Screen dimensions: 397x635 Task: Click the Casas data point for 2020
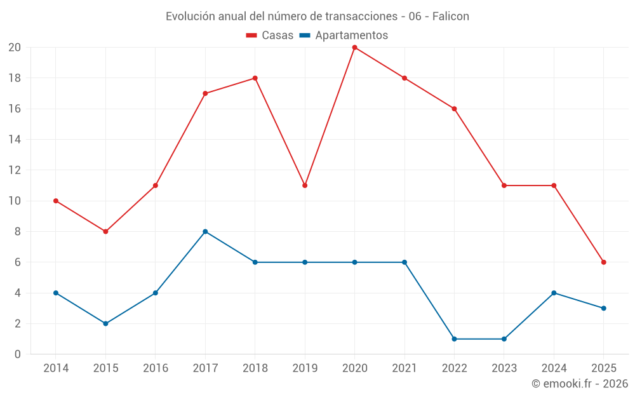point(354,48)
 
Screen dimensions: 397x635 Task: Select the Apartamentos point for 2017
point(205,232)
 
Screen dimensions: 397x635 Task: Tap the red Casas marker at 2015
point(105,232)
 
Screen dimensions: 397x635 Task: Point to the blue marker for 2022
point(454,339)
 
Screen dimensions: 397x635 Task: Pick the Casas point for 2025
point(604,262)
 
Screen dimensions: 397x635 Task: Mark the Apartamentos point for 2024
point(554,293)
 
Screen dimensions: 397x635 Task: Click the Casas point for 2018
point(255,78)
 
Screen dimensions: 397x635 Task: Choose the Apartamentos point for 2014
point(56,293)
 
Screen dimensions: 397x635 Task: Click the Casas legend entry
point(270,36)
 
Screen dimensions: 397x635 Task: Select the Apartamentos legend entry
point(344,36)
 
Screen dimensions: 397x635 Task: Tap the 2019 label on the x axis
point(305,368)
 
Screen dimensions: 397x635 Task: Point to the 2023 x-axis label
point(504,368)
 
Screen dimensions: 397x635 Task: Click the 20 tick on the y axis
point(15,48)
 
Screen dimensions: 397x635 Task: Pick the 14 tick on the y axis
point(15,140)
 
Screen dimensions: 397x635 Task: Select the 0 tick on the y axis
point(18,354)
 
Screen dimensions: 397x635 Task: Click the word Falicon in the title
point(451,17)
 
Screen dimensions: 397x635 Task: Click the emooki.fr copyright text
point(580,384)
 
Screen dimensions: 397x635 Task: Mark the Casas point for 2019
point(305,185)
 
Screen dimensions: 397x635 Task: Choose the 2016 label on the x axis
point(155,368)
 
